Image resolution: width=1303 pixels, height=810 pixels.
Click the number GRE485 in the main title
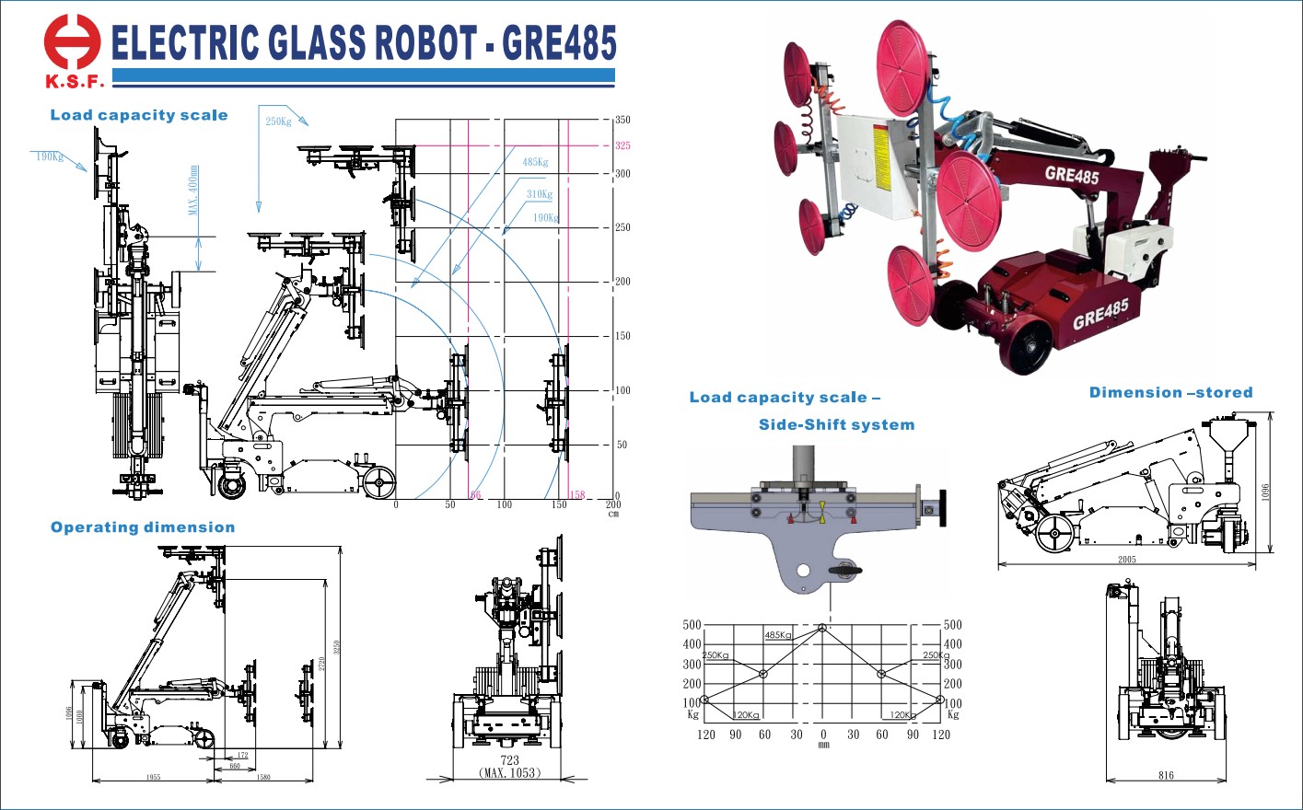(559, 43)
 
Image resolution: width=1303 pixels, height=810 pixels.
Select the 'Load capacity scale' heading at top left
(139, 115)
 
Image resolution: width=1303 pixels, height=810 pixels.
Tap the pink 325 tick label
(622, 145)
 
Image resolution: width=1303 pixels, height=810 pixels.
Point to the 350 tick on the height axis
(622, 120)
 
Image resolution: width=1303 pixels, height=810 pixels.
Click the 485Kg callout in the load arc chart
(535, 162)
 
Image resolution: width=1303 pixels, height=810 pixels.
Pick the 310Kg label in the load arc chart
(540, 194)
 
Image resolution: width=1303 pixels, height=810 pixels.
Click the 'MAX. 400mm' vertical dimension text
(193, 191)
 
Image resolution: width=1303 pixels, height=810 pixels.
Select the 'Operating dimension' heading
(143, 527)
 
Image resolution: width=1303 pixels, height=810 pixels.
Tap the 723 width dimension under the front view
(509, 760)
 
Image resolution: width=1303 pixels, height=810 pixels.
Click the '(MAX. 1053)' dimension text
(509, 773)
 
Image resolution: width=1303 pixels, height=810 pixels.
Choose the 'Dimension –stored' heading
(1170, 392)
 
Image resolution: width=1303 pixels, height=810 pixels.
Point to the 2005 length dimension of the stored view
(1127, 560)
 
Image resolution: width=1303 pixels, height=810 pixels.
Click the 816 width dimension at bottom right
(1166, 776)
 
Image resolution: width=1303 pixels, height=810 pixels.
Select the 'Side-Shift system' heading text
(836, 424)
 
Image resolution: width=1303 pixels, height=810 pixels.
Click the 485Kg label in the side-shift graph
(777, 635)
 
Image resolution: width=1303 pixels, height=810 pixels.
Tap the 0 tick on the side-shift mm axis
(823, 735)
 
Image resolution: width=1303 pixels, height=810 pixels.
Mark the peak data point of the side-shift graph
(822, 627)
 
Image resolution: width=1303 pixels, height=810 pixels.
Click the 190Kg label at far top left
(50, 156)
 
